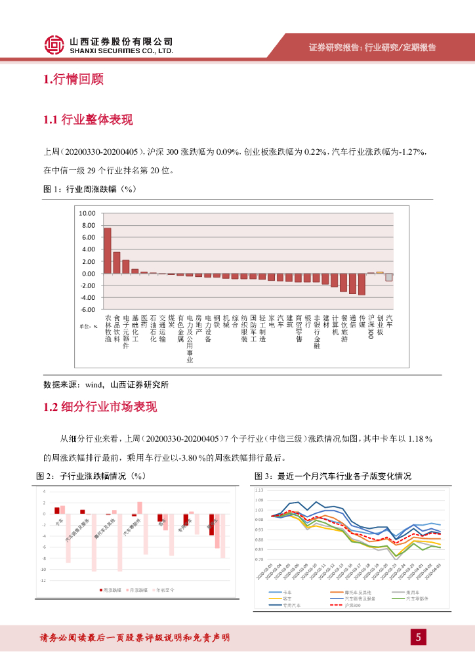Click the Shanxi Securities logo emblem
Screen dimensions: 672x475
54,45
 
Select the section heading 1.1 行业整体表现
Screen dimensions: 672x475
88,119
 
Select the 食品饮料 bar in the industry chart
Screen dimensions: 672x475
117,262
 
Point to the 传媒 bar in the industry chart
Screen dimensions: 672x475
361,284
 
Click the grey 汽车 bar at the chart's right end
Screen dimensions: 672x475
389,277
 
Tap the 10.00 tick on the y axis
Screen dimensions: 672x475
87,213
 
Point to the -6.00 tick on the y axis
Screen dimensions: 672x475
87,309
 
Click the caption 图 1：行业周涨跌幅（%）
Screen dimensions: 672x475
89,189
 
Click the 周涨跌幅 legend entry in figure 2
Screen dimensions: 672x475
112,590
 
